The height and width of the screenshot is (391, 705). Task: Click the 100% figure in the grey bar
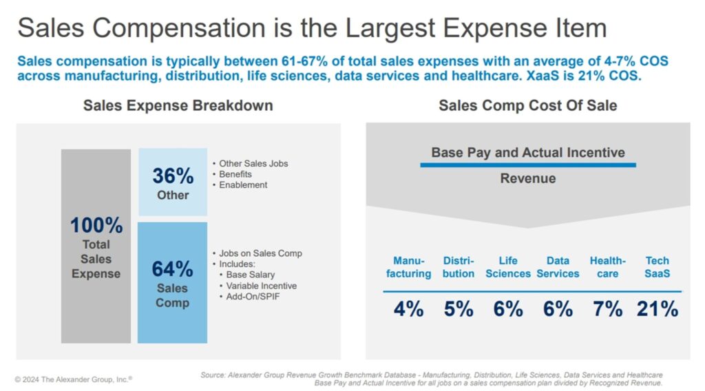[x=96, y=225]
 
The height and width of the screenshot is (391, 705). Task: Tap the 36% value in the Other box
[x=173, y=176]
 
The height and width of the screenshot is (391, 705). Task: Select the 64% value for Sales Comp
[x=172, y=269]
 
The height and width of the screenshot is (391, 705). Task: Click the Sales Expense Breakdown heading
[x=178, y=105]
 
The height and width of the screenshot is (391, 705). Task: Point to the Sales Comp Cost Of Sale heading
[x=527, y=105]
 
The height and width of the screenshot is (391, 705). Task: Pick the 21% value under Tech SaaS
[x=657, y=309]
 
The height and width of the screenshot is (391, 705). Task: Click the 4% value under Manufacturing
[x=408, y=309]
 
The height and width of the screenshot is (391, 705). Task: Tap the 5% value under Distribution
[x=459, y=309]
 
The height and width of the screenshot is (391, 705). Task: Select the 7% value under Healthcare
[x=607, y=309]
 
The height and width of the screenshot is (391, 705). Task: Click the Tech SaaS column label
[x=657, y=267]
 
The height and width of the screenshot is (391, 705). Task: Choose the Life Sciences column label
[x=508, y=267]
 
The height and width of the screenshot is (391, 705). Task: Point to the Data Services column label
[x=558, y=267]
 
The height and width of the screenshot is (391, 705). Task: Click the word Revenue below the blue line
[x=527, y=179]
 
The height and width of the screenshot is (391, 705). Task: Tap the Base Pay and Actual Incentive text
[x=527, y=152]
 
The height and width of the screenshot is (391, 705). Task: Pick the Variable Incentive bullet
[x=262, y=286]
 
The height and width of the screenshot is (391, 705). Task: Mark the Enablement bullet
[x=243, y=184]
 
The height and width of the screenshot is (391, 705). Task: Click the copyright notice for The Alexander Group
[x=74, y=379]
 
